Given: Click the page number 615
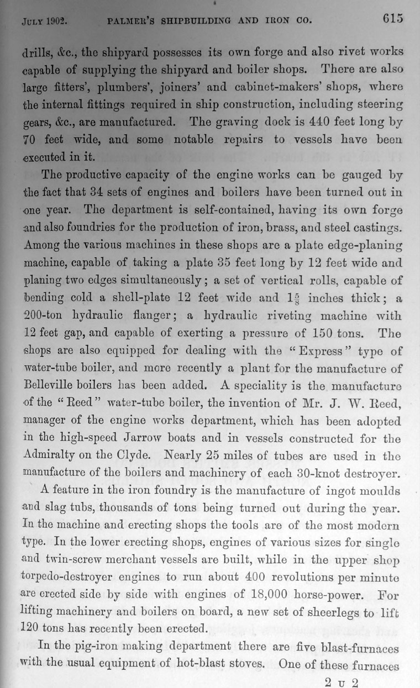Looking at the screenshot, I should coord(392,18).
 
